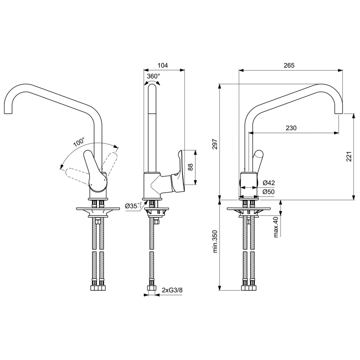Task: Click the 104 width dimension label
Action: pos(162,65)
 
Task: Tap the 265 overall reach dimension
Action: pos(289,65)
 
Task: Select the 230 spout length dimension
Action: pos(291,128)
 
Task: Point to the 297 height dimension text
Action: pos(215,144)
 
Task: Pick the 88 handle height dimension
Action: pos(190,167)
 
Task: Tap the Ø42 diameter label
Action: pos(269,183)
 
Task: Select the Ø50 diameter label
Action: pos(269,192)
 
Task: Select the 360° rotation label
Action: pos(153,76)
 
